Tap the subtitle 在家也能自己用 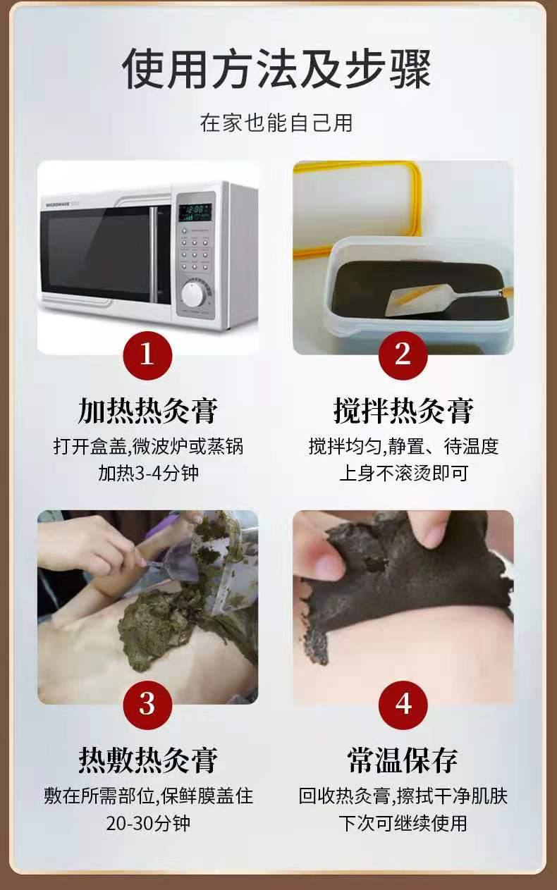tap(276, 123)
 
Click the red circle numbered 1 tap(147, 355)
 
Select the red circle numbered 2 tap(403, 355)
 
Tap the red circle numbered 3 tap(147, 705)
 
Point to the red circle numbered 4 tap(403, 705)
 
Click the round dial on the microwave tap(194, 294)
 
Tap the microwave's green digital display tap(195, 213)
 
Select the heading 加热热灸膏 tap(147, 411)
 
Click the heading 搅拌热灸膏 tap(403, 411)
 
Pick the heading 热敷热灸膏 tap(147, 760)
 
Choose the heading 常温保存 tap(403, 760)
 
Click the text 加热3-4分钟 tap(148, 474)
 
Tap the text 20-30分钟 tap(148, 823)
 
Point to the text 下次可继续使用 tap(403, 823)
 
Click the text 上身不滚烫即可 tap(403, 474)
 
